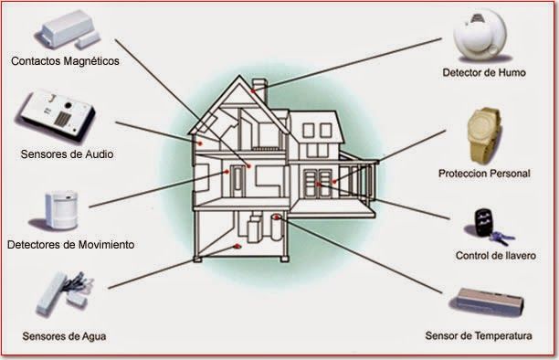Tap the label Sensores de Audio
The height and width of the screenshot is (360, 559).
click(x=67, y=154)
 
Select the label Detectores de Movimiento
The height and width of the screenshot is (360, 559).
click(x=70, y=245)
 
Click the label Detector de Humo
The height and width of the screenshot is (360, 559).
click(x=482, y=71)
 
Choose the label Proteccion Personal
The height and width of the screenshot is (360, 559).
click(x=483, y=172)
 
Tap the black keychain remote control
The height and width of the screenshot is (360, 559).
click(x=484, y=221)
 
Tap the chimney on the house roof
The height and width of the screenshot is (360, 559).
click(x=258, y=90)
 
